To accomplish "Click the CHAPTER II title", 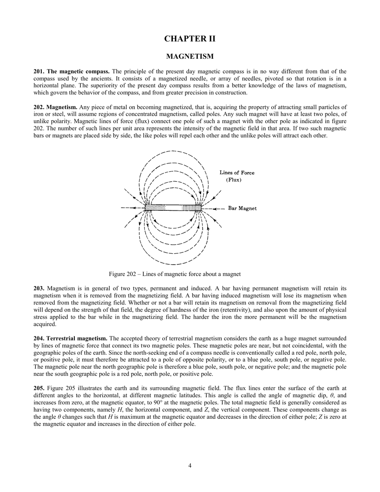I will tap(190, 39).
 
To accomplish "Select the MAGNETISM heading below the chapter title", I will tap(190, 56).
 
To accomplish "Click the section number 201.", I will tap(39, 71).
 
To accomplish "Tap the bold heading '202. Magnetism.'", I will tap(56, 107).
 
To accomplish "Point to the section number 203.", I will tap(39, 288).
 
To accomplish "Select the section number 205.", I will tap(39, 388).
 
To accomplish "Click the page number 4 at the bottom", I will tap(190, 465).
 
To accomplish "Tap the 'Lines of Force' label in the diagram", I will tap(237, 173).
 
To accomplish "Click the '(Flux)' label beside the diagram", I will tap(234, 180).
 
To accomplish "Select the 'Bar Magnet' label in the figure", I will tap(242, 208).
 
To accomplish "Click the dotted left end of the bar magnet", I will tap(155, 208).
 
